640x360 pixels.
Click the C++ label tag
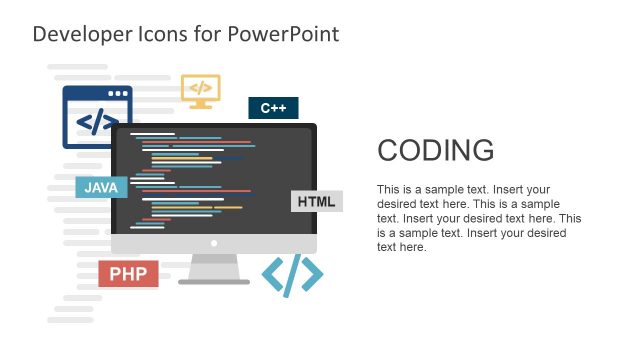tap(273, 108)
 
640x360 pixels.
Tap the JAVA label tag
tap(101, 187)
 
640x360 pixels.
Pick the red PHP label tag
tap(128, 274)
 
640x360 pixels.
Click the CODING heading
tap(435, 151)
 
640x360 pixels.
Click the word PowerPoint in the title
tap(283, 34)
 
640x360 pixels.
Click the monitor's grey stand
tap(214, 268)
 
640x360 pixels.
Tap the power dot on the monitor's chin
tap(214, 244)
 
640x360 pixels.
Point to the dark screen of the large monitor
tap(214, 180)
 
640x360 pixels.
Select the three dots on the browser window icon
tap(119, 94)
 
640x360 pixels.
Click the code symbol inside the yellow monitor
tap(200, 87)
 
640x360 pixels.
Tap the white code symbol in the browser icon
tap(97, 123)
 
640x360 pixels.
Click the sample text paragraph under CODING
tap(478, 218)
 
